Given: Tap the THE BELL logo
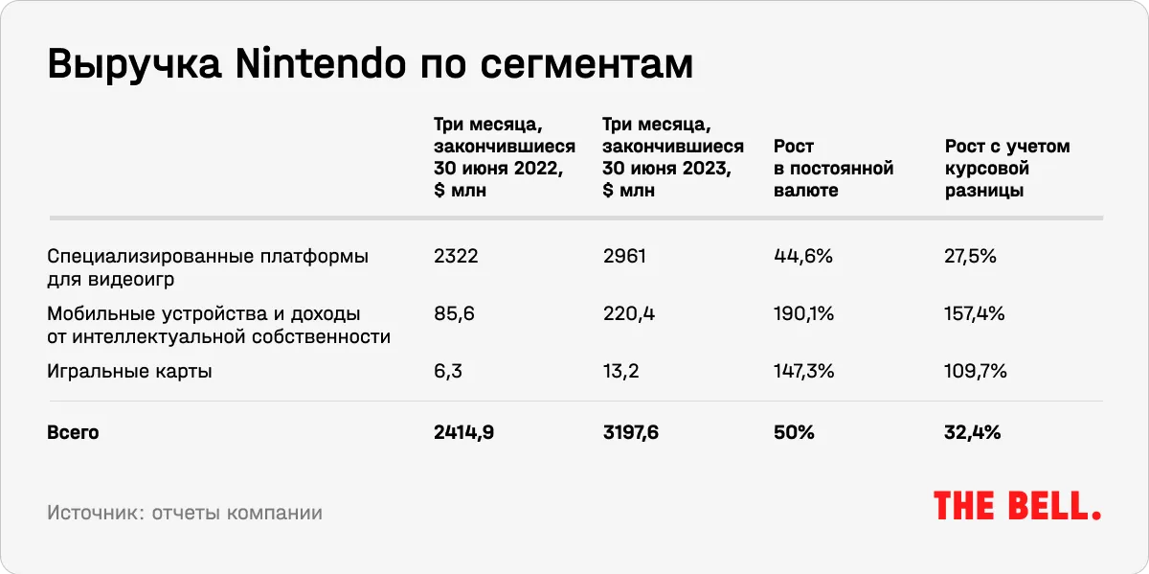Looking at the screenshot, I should pos(1017,506).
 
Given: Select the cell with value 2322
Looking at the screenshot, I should pos(455,257).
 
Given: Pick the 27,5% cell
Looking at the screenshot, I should pos(971,257).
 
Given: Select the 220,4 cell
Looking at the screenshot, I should pos(629,314).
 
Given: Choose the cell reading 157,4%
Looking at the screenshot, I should pos(975,314).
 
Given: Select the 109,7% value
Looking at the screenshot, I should pos(976,372).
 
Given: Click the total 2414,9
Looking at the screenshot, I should pos(464,433).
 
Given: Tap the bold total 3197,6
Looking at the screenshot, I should pos(631,433).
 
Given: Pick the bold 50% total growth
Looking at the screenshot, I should pos(793,433).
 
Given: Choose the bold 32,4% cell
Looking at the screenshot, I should pos(973,433).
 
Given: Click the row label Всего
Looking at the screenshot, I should pos(73,433).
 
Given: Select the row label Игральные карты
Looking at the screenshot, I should pos(129,372).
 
